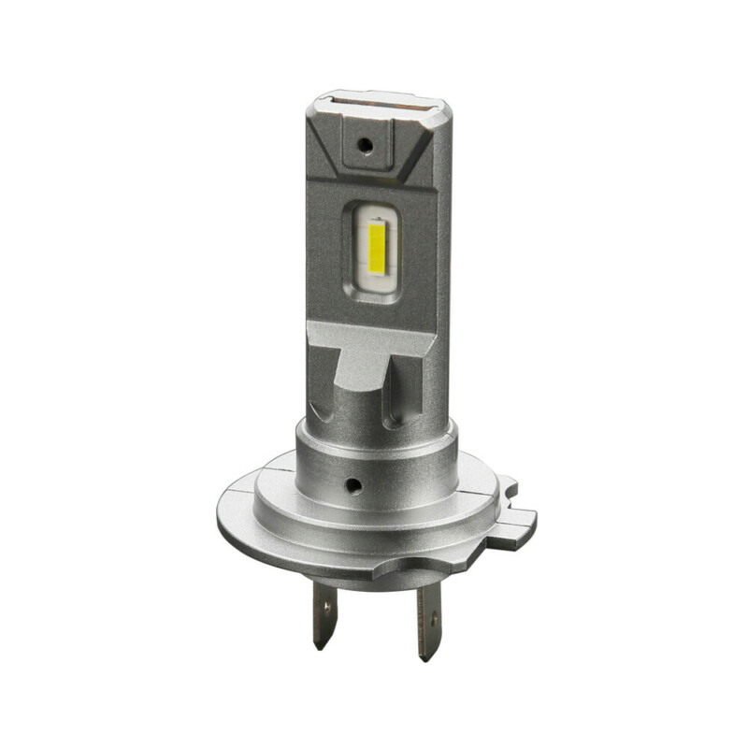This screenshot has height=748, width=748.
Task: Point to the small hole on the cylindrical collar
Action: coord(353,486)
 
